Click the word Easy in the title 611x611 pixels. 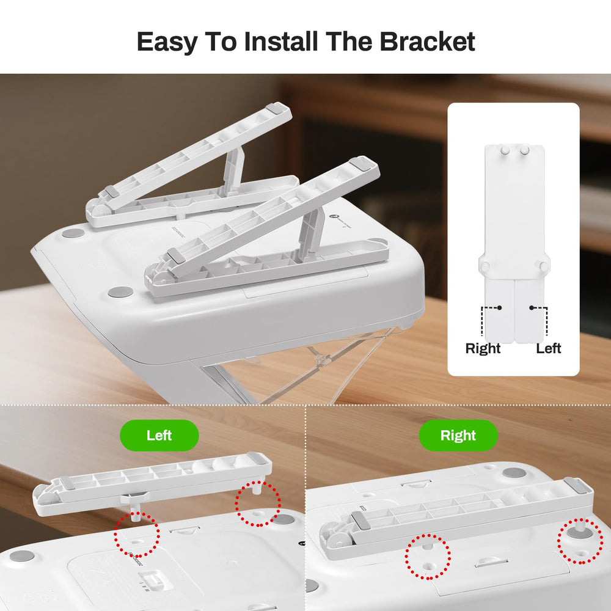click(x=167, y=42)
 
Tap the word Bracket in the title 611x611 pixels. click(x=427, y=41)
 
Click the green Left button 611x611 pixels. click(x=159, y=435)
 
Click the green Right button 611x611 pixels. click(x=458, y=435)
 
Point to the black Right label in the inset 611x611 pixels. click(x=483, y=348)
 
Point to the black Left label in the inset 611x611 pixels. click(x=548, y=348)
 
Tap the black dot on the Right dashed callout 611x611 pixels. click(x=499, y=308)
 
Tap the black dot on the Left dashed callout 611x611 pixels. click(x=532, y=308)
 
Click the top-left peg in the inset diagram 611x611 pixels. click(x=505, y=150)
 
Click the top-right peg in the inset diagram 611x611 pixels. click(x=524, y=150)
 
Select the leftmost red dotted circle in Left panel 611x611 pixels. click(x=137, y=535)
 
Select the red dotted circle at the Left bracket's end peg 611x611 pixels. click(x=258, y=503)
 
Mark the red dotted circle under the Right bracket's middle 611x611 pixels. click(x=428, y=557)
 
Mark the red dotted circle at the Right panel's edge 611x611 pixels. click(x=580, y=541)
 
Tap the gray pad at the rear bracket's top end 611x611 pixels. click(x=275, y=108)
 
